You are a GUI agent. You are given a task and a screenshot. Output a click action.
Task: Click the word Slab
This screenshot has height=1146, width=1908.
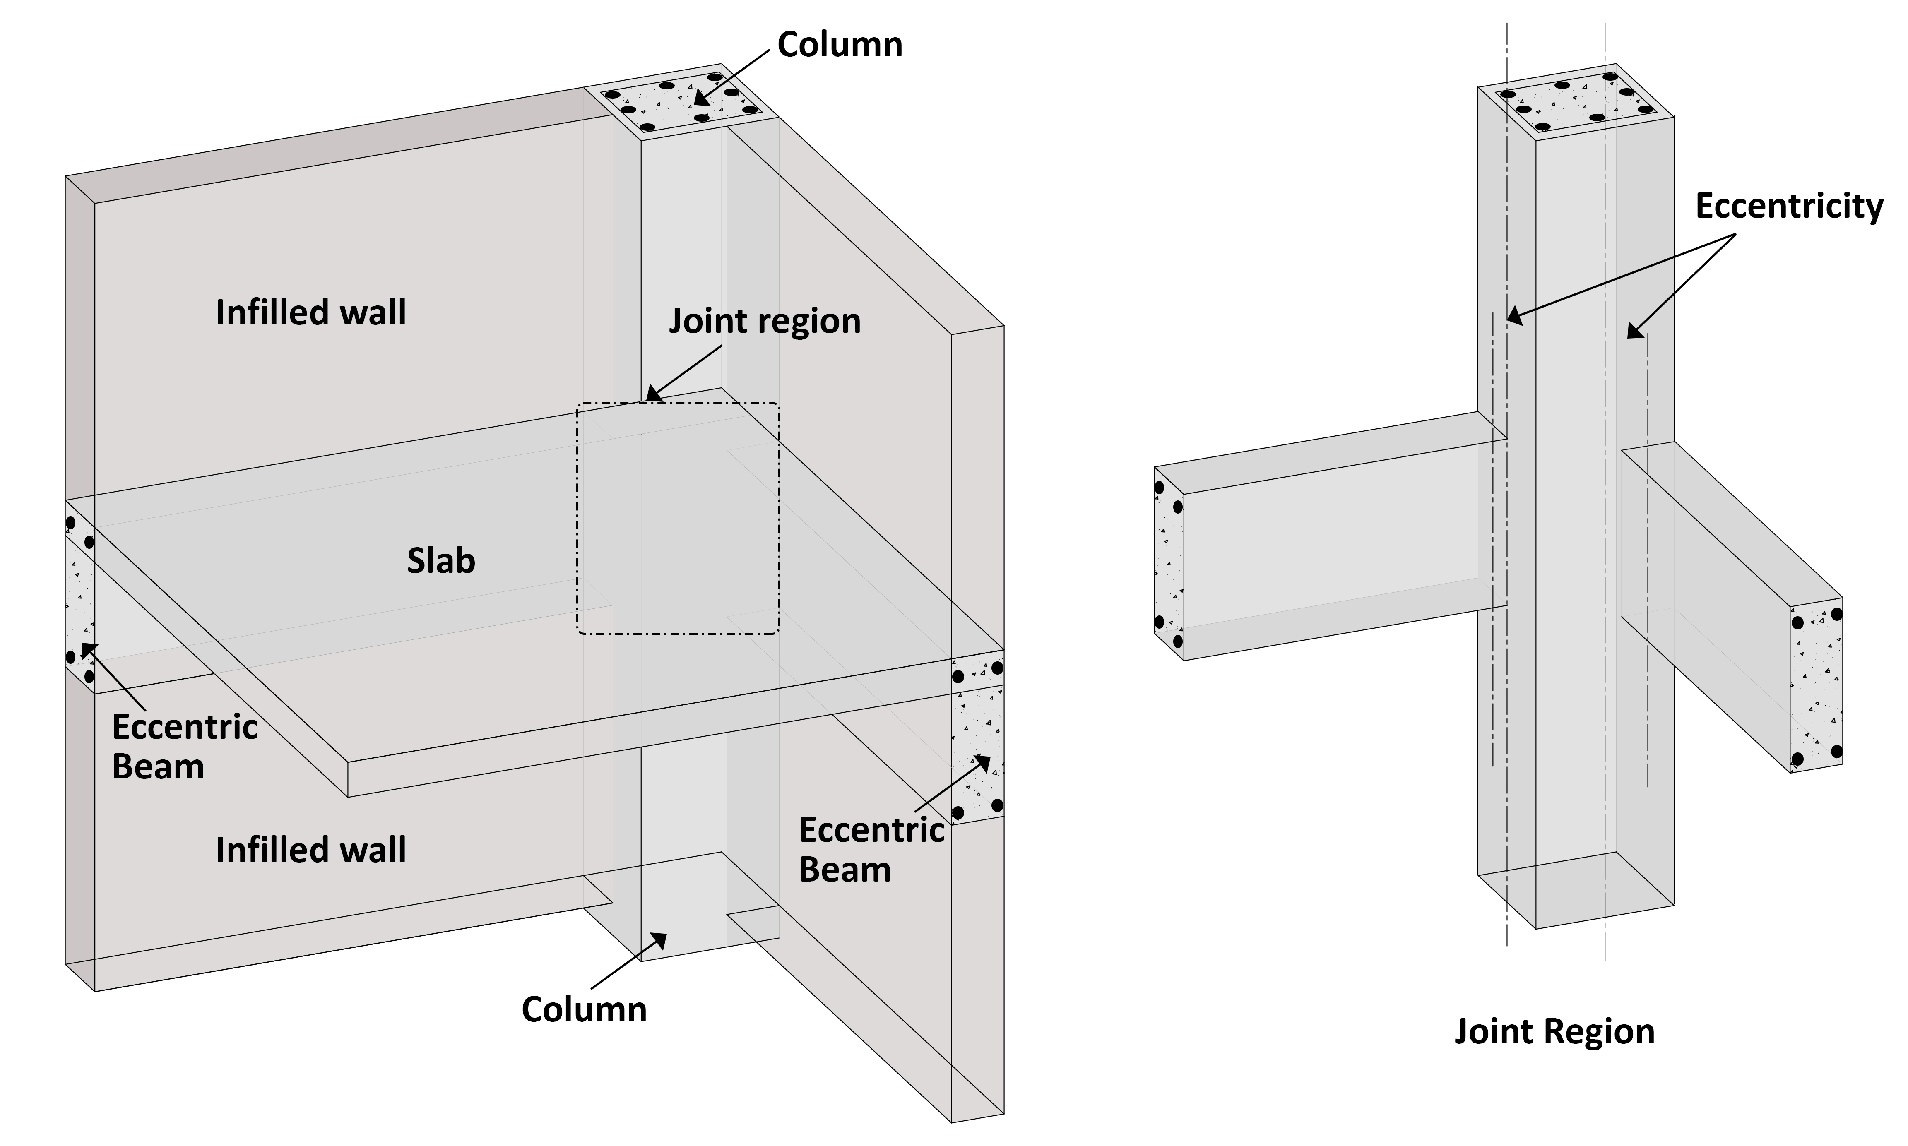click(441, 562)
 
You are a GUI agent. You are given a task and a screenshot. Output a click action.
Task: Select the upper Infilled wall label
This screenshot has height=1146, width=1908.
click(310, 313)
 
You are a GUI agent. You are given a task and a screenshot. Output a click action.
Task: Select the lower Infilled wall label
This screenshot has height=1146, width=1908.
click(310, 850)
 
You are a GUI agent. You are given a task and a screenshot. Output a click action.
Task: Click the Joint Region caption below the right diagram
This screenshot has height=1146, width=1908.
click(1554, 1032)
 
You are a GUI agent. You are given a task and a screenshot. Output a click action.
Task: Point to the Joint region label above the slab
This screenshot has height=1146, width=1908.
click(764, 321)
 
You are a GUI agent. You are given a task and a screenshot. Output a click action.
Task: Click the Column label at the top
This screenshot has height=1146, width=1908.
click(840, 45)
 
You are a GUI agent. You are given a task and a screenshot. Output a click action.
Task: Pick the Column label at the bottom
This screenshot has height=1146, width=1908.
click(584, 1009)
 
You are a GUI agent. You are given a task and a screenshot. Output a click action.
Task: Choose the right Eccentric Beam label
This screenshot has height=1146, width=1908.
click(871, 849)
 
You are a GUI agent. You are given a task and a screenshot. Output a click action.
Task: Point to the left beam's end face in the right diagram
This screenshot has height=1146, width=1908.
click(1169, 564)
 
